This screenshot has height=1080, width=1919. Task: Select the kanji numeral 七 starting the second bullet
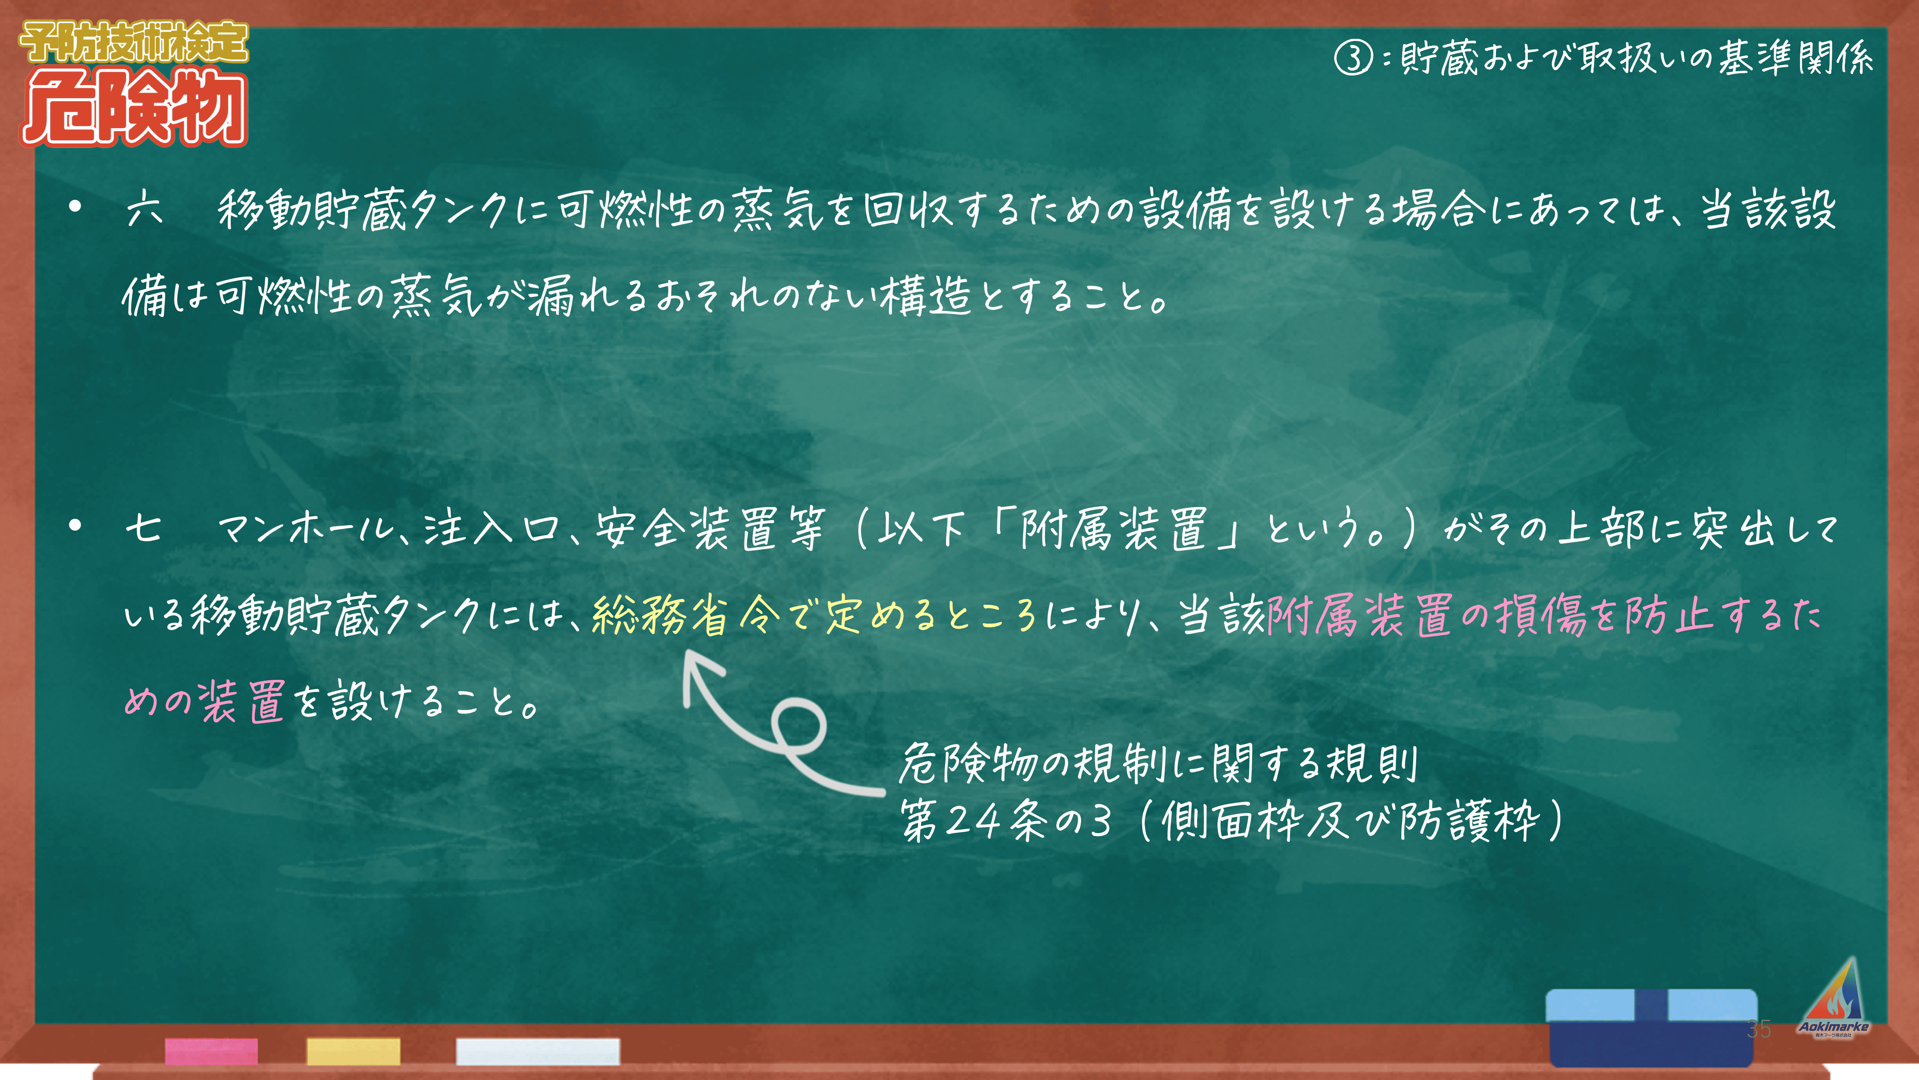143,528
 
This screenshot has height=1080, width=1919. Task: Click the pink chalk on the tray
212,1051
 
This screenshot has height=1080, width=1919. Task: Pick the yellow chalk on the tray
353,1051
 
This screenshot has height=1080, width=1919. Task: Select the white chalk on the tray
537,1051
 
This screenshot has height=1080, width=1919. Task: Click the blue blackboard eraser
1652,1027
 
